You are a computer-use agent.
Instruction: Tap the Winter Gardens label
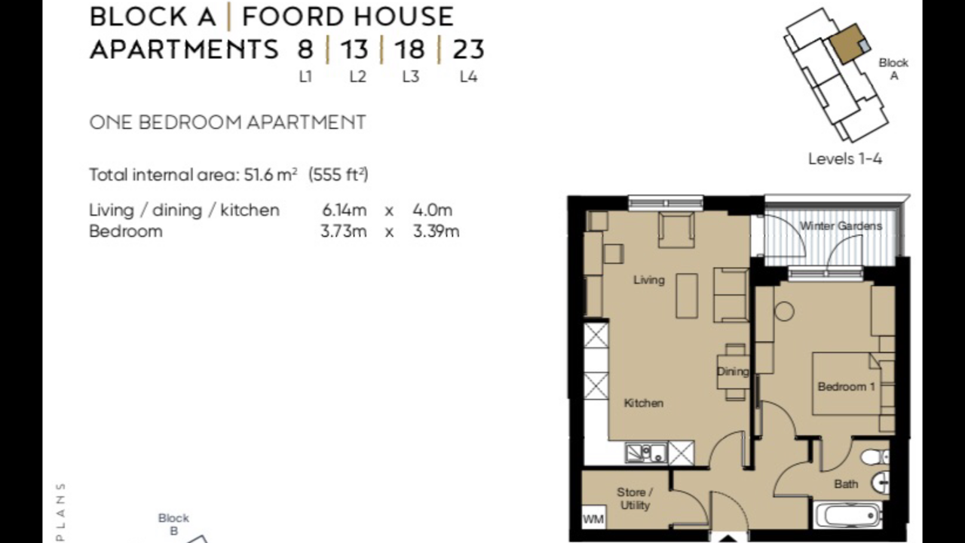tap(841, 226)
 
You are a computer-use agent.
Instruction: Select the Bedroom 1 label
tap(846, 387)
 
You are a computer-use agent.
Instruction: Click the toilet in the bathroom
tap(875, 457)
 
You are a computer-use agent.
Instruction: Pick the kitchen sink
tap(645, 453)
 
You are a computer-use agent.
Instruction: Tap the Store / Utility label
tap(635, 499)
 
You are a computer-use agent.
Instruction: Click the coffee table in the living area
tap(687, 296)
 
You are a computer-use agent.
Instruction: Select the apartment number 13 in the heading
tap(354, 49)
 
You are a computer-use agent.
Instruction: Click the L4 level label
tap(468, 77)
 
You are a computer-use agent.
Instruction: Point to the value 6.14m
tap(345, 210)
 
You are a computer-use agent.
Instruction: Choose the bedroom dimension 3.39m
tap(436, 232)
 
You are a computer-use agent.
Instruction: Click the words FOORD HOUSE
tap(348, 17)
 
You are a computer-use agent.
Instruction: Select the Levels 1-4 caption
tap(845, 159)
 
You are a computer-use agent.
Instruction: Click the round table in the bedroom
tap(784, 311)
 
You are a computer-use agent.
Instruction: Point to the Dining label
tap(732, 372)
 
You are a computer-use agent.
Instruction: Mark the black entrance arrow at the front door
tap(728, 538)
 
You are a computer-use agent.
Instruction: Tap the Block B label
tap(173, 524)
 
